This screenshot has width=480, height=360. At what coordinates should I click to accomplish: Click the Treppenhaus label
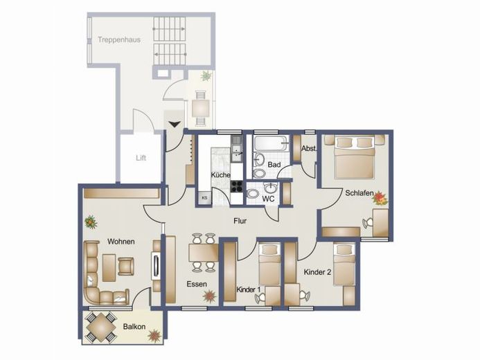pyautogui.click(x=119, y=39)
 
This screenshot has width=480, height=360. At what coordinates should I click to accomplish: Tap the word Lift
pyautogui.click(x=141, y=158)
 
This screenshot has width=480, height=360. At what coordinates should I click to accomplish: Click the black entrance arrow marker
pyautogui.click(x=175, y=124)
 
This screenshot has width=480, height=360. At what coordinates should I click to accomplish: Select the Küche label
pyautogui.click(x=220, y=175)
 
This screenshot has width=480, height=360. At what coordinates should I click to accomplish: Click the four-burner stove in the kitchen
pyautogui.click(x=236, y=186)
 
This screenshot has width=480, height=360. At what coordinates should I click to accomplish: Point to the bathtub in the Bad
pyautogui.click(x=272, y=143)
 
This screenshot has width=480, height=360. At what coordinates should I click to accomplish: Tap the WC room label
pyautogui.click(x=268, y=199)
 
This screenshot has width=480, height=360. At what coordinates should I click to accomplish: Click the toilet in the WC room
pyautogui.click(x=254, y=193)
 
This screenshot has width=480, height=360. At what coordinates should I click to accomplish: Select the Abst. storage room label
pyautogui.click(x=309, y=149)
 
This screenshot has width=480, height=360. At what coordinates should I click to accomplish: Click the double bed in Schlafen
pyautogui.click(x=355, y=157)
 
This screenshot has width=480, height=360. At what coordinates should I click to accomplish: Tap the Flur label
pyautogui.click(x=240, y=221)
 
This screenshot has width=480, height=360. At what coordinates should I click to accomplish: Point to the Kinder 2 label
pyautogui.click(x=317, y=272)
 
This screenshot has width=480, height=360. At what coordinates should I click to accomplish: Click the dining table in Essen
pyautogui.click(x=204, y=252)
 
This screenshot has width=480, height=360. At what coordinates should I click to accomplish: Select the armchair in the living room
pyautogui.click(x=126, y=266)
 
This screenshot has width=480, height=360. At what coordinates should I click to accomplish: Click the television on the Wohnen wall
pyautogui.click(x=156, y=265)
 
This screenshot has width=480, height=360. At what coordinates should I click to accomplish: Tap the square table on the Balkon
pyautogui.click(x=100, y=328)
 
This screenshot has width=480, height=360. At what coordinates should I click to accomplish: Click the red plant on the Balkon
pyautogui.click(x=154, y=335)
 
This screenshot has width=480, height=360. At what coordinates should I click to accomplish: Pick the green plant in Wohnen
pyautogui.click(x=91, y=222)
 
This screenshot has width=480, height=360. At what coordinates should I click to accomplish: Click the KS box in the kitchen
pyautogui.click(x=205, y=198)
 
